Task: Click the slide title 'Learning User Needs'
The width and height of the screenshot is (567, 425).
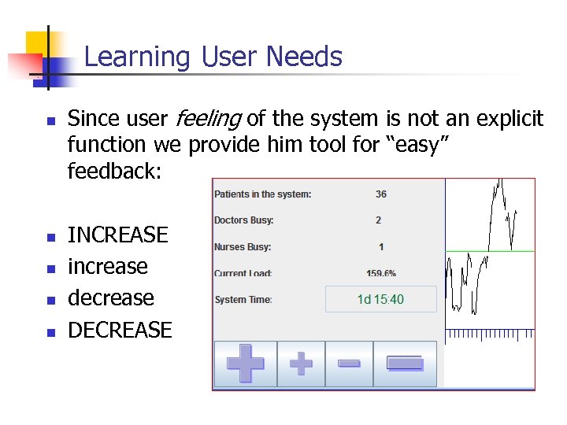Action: click(213, 57)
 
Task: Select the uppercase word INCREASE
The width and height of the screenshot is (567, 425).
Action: click(118, 235)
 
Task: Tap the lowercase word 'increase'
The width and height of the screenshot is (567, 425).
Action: click(108, 266)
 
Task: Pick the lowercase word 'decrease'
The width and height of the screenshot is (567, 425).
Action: click(111, 298)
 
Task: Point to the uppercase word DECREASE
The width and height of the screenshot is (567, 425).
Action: click(120, 330)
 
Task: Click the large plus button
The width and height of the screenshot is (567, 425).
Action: click(246, 364)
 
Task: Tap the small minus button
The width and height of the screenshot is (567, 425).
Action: click(349, 364)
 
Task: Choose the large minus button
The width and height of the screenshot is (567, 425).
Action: click(405, 364)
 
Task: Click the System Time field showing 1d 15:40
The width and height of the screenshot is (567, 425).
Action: click(380, 299)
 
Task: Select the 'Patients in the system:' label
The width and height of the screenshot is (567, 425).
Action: click(262, 194)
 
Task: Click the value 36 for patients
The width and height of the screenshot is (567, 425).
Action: click(381, 194)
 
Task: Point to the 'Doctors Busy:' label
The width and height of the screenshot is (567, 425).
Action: click(243, 220)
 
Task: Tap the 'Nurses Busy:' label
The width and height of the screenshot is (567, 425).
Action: click(242, 247)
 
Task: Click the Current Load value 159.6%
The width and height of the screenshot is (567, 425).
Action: click(381, 273)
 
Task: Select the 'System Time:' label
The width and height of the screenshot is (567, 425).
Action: click(243, 300)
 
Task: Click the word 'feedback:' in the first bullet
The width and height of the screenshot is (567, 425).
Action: click(114, 171)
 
